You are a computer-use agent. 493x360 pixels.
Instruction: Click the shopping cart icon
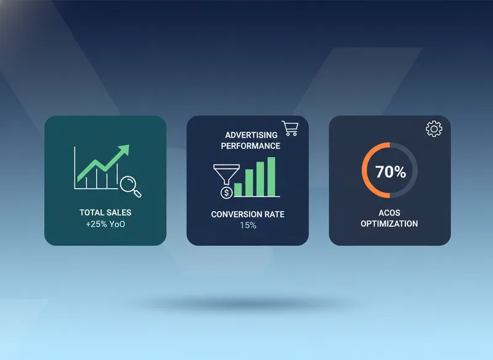(x=290, y=128)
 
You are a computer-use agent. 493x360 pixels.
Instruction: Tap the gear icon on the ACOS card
(x=434, y=129)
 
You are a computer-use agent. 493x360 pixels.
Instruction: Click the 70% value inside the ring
(x=390, y=172)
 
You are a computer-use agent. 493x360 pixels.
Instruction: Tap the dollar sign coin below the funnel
(x=226, y=192)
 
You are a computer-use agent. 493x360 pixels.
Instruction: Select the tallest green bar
(x=271, y=177)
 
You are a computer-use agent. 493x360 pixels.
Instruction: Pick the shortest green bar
(x=238, y=189)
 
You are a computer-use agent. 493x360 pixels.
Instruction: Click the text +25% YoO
(x=105, y=224)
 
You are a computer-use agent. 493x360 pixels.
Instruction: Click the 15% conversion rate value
(x=248, y=226)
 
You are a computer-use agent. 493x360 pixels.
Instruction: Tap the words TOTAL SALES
(x=105, y=213)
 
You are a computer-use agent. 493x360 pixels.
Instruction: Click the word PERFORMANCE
(x=251, y=146)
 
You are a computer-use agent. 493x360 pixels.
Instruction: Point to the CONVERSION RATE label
(x=248, y=215)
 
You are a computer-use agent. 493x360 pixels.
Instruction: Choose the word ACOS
(x=389, y=213)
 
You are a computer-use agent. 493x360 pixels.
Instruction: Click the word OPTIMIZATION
(x=389, y=224)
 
